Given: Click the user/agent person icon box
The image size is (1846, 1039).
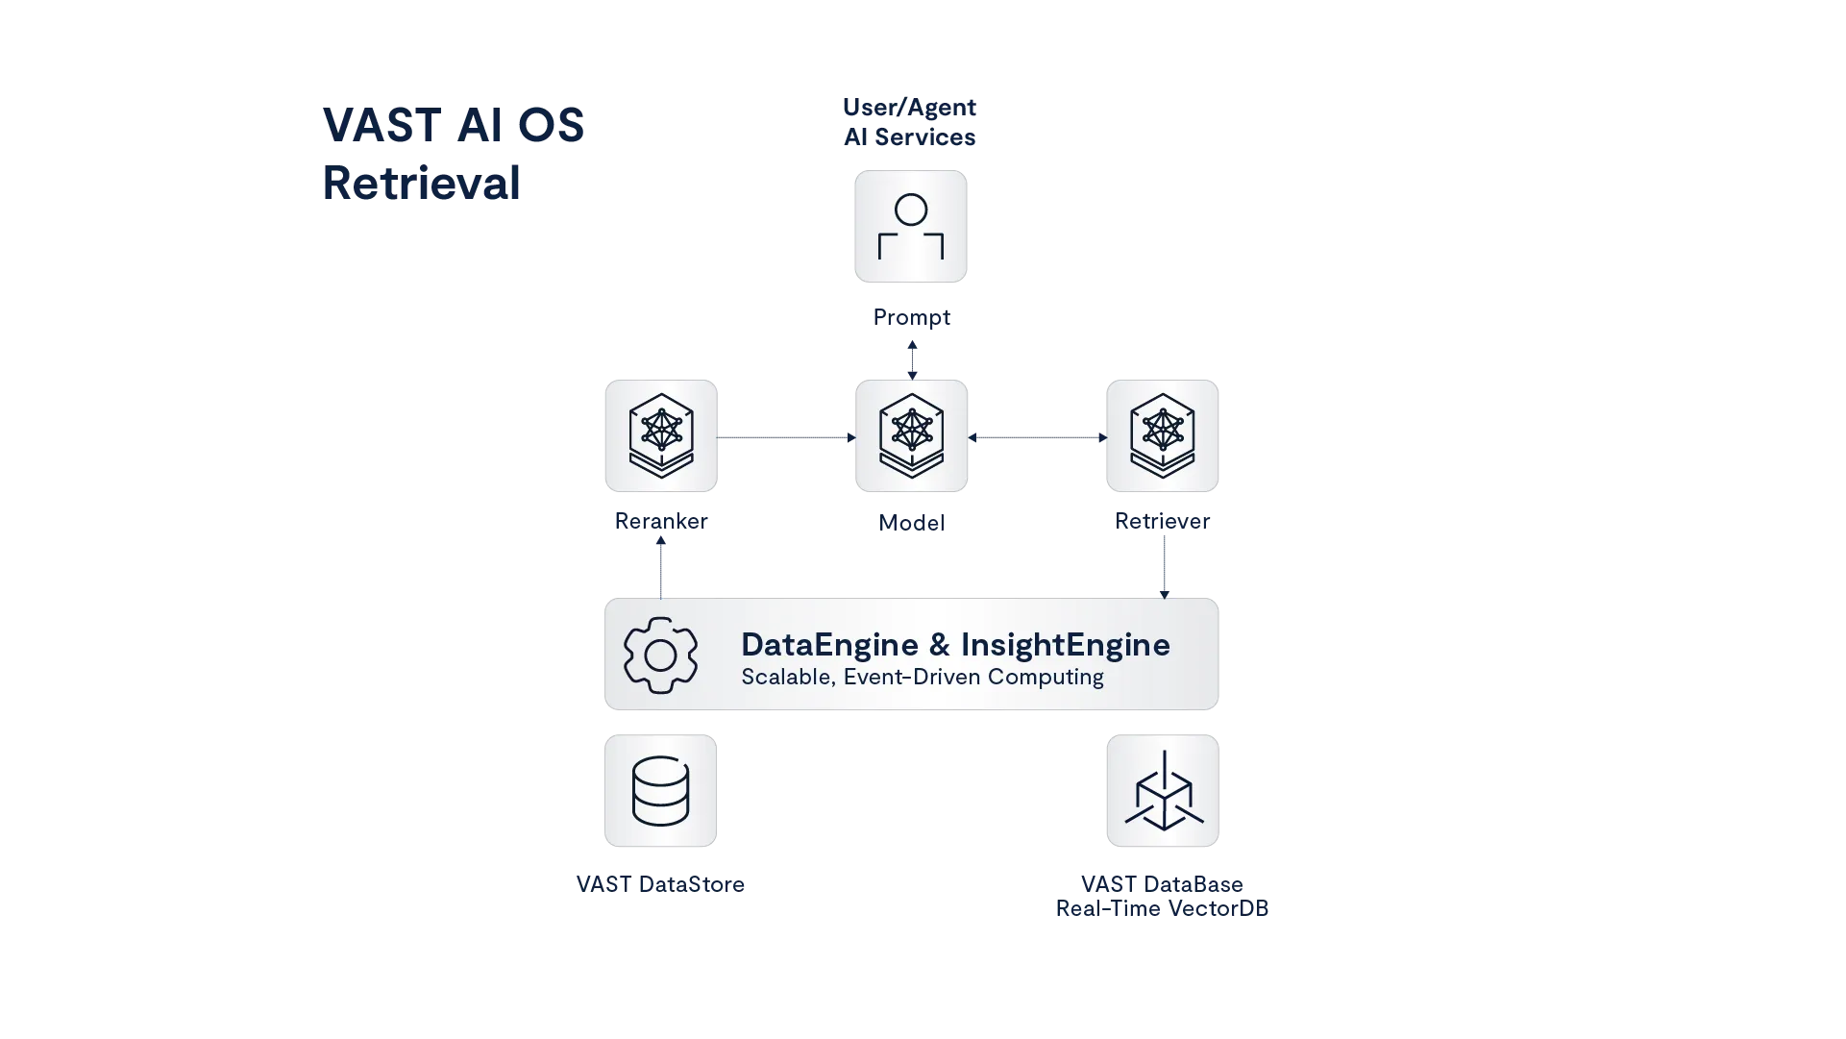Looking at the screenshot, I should pos(910,227).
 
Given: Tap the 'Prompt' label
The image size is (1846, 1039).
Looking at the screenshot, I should pos(910,317).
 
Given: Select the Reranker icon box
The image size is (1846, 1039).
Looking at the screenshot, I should pos(661,434).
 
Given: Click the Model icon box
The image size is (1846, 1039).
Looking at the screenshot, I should pos(910,434).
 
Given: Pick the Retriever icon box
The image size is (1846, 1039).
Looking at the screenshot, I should pos(1163,434).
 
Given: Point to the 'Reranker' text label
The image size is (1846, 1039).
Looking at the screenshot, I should pos(663,521).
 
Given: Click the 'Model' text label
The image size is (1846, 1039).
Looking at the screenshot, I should pos(910,521).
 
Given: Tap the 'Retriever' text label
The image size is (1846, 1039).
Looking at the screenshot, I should pos(1163,521).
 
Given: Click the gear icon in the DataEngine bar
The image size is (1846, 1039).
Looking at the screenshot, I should pos(660,655).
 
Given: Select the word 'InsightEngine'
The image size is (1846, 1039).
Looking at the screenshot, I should pos(1065,644).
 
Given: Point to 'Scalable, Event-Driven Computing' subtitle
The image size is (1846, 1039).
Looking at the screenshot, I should pos(922,677).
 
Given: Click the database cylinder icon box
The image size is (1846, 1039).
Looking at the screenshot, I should pos(661,791).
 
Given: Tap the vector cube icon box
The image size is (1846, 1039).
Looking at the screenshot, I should pos(1163,791).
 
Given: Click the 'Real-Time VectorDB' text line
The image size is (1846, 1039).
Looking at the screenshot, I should pos(1161,909).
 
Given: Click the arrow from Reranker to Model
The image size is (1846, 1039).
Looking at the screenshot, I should pos(786,436).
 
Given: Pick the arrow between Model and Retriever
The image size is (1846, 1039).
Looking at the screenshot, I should pos(1036,436).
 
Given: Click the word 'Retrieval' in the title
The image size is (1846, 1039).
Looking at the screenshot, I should pos(422,182).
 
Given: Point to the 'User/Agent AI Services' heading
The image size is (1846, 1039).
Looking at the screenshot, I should pos(908,121).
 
